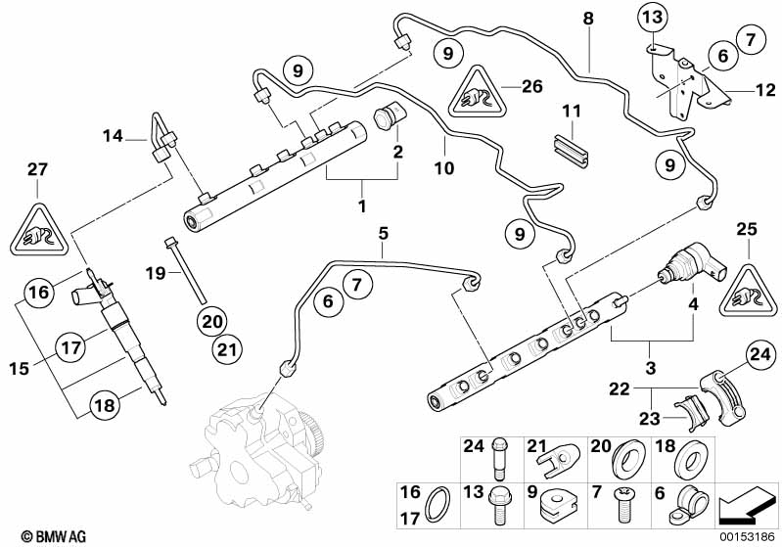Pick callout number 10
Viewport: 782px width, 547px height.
tap(443, 167)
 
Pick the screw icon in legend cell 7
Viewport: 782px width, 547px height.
tap(623, 505)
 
